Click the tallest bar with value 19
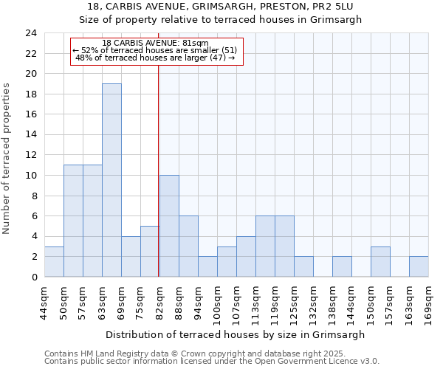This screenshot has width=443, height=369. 111,180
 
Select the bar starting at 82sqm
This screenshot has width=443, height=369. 169,226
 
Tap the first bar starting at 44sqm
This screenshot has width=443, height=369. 54,261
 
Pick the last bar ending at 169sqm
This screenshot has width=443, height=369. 419,266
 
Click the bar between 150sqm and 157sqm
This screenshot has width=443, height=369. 380,261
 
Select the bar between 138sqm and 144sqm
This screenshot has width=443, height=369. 342,266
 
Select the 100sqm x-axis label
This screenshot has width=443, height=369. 217,303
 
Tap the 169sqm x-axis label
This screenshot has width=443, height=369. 428,303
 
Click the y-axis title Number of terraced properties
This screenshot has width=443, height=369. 7,159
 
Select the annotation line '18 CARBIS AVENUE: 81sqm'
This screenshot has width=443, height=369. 155,43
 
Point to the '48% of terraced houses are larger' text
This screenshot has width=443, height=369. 155,58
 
